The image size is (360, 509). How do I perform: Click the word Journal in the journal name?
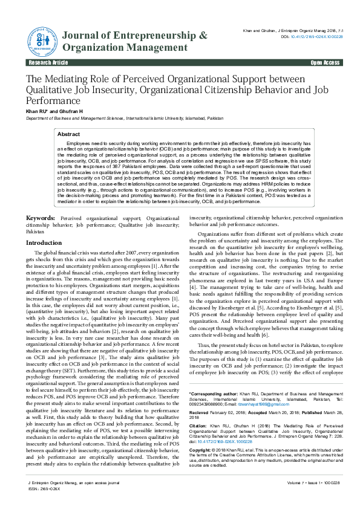tap(83, 36)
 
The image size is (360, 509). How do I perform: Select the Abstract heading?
tap(68, 134)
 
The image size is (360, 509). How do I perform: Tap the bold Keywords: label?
tap(41, 217)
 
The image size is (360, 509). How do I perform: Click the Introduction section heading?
tap(44, 242)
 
